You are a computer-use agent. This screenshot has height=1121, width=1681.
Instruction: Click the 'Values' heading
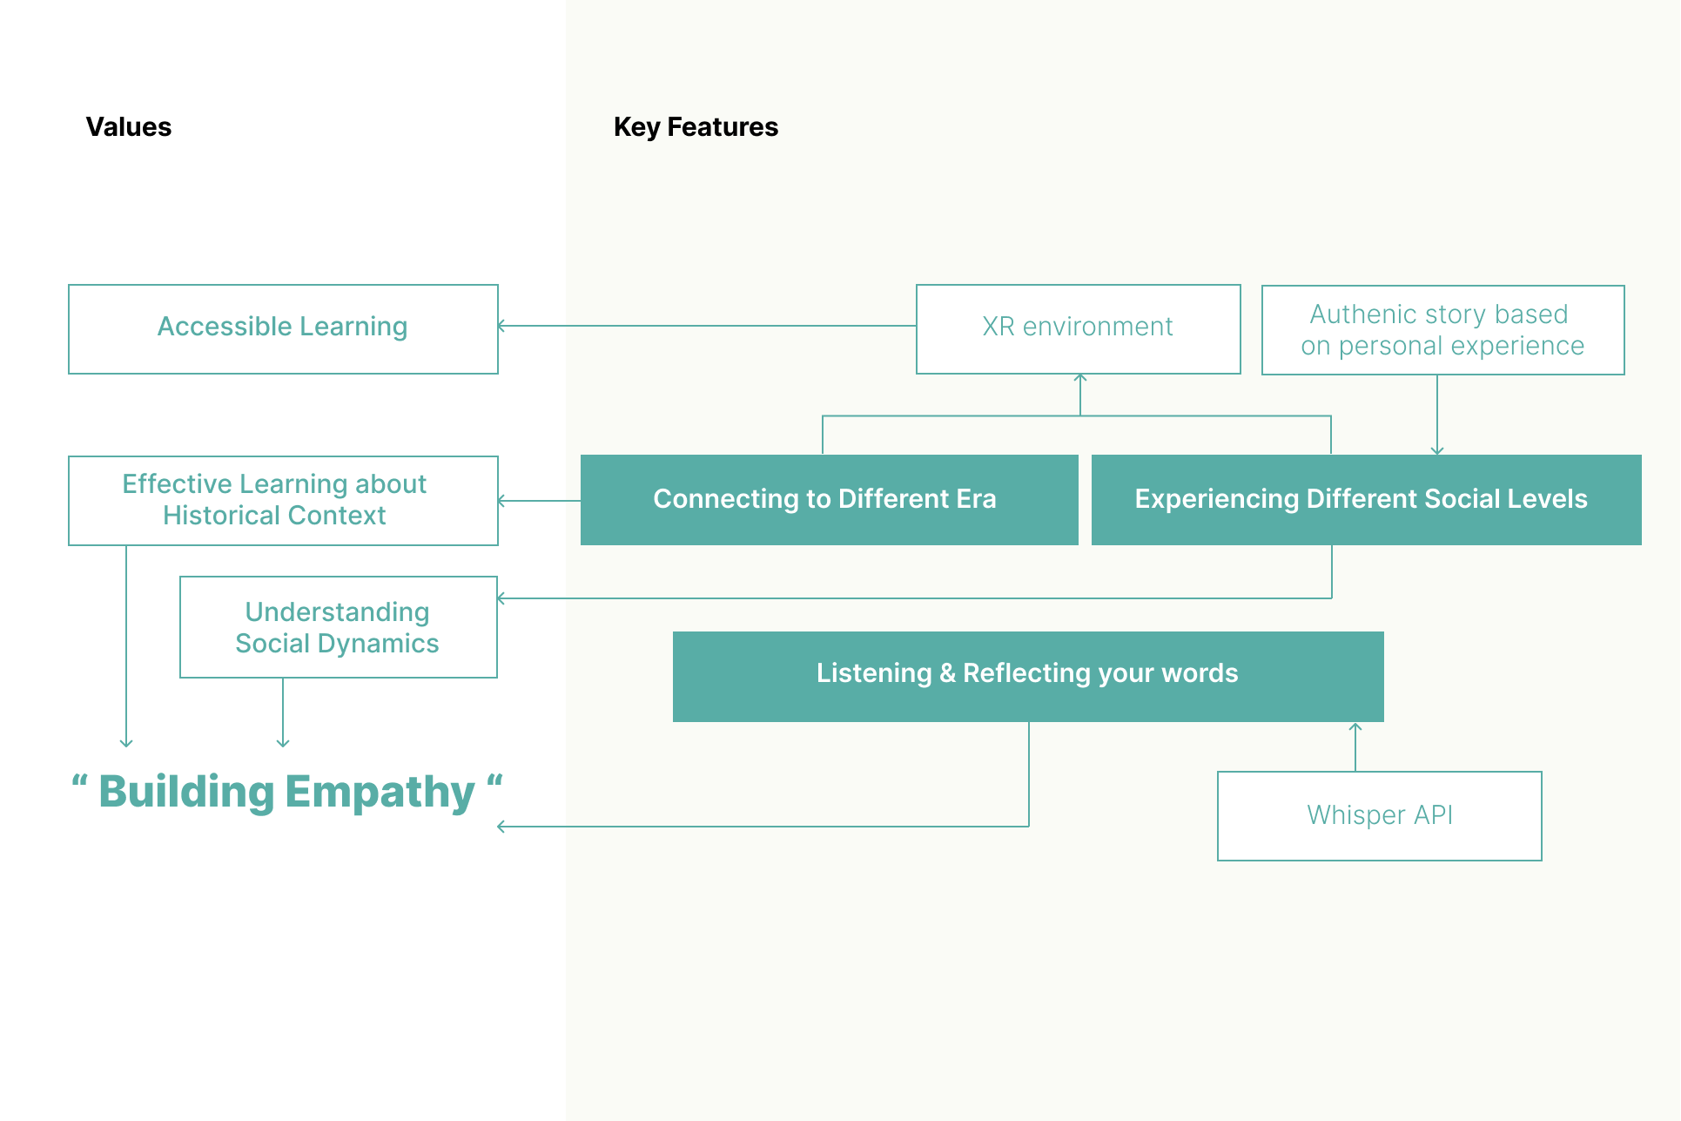coord(129,127)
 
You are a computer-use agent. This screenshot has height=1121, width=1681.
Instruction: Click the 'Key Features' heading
coord(696,127)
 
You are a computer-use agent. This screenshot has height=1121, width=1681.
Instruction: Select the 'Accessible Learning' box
coord(283,329)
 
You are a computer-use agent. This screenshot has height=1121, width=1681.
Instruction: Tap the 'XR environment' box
coord(1079,329)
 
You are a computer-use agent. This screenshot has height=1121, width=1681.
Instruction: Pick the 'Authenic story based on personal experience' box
coord(1443,330)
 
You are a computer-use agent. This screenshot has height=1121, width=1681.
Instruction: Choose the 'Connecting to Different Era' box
coord(830,500)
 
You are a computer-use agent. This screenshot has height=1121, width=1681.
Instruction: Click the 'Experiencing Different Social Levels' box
coord(1367,500)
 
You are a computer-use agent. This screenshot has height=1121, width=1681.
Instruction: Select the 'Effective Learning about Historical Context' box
coord(283,501)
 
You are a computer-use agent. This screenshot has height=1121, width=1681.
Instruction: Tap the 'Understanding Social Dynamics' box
coord(339,627)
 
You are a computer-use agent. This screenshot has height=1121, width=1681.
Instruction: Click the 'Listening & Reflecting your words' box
coord(1028,677)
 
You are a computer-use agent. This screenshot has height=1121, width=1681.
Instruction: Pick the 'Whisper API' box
coord(1380,816)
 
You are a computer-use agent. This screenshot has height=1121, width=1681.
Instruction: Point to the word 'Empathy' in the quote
coord(380,793)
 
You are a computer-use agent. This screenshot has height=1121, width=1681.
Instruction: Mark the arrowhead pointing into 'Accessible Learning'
coord(501,326)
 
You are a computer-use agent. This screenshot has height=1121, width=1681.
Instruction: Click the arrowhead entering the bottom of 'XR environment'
coord(1080,378)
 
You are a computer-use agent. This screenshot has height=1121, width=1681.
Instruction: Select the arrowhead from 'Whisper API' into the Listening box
coord(1355,727)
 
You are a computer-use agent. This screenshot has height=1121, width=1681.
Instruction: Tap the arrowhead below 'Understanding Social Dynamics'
coord(283,743)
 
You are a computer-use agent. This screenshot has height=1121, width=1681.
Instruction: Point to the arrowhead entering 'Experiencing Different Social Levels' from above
coord(1437,450)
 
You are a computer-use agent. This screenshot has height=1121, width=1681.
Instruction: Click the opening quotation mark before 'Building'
coord(79,780)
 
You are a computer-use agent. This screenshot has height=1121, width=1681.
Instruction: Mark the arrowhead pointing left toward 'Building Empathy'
coord(501,827)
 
